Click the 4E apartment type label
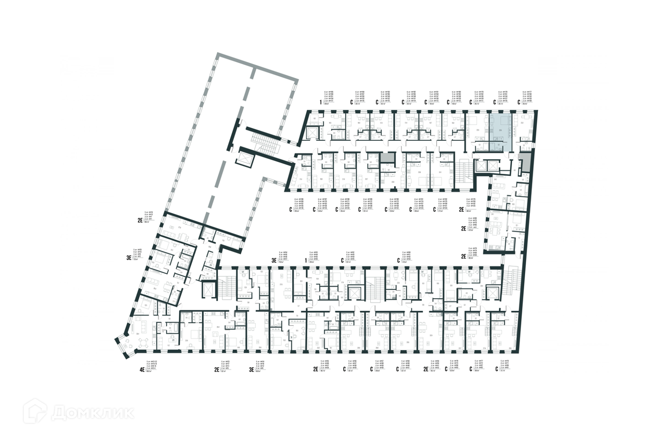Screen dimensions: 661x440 (142, 370)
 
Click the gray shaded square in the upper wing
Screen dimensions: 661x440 (387, 157)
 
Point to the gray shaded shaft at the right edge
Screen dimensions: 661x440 (524, 161)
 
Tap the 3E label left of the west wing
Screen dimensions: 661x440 (129, 258)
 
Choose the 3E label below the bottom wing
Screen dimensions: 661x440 (251, 370)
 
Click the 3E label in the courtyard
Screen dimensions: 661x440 (274, 260)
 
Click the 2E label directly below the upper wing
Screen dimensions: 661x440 (462, 210)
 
